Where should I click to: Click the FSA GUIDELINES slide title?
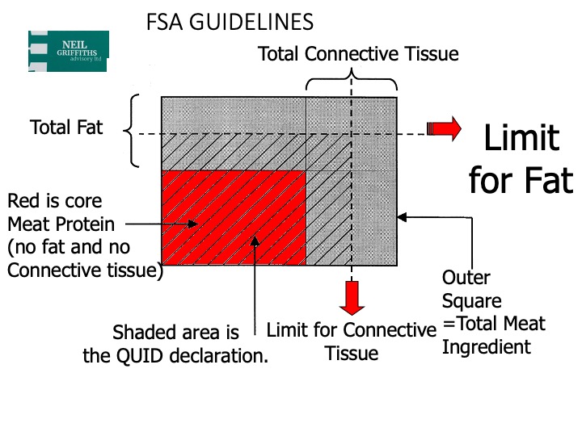pos(230,23)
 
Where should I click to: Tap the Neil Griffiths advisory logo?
pos(68,51)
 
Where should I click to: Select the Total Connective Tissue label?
pos(358,55)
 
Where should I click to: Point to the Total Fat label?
pos(66,128)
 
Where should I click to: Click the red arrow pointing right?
pos(444,128)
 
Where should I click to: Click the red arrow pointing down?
pos(352,296)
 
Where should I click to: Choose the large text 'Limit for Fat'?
pos(521,159)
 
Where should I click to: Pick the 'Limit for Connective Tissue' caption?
pos(352,341)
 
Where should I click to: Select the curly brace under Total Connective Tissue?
pos(352,82)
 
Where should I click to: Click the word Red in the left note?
pos(22,199)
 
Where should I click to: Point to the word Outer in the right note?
pos(466,278)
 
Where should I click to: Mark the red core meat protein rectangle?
pos(234,218)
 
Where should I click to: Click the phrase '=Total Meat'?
pos(494,325)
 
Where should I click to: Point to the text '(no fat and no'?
pos(68,246)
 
